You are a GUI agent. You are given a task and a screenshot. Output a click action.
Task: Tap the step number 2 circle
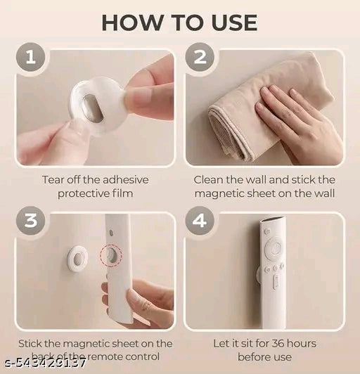click(x=200, y=58)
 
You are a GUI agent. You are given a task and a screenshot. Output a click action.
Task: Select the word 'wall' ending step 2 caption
click(x=323, y=193)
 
